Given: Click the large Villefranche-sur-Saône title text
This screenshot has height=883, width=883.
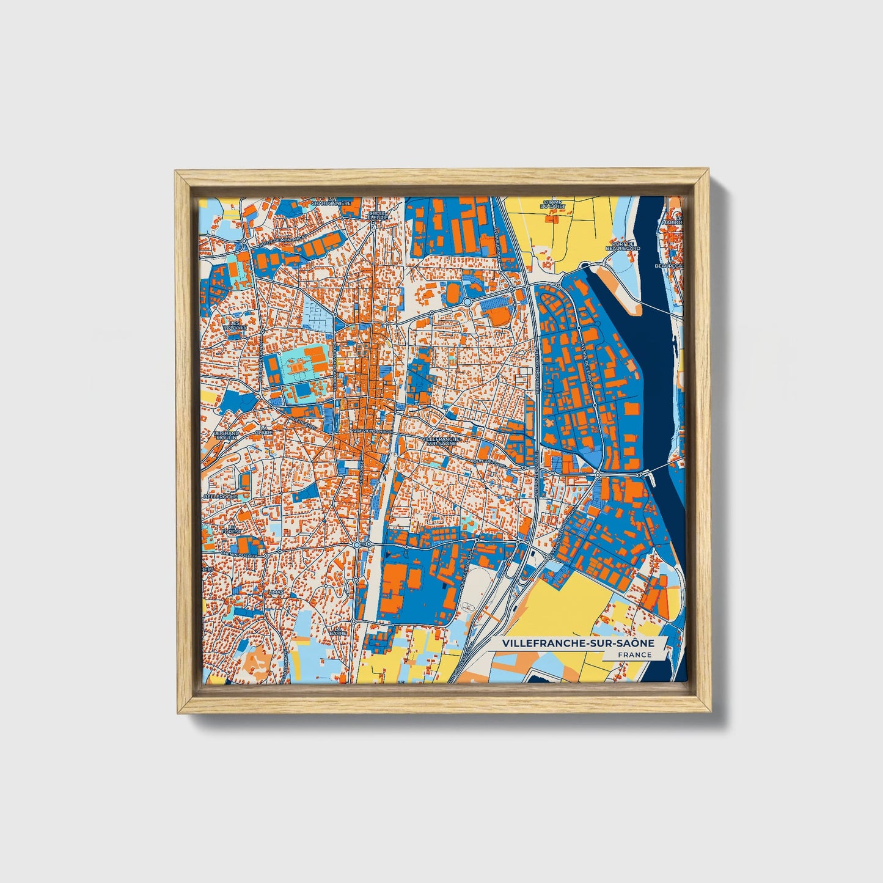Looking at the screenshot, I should pyautogui.click(x=577, y=643).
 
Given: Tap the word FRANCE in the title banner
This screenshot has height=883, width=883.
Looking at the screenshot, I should pyautogui.click(x=634, y=655).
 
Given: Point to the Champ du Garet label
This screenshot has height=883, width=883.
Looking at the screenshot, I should pyautogui.click(x=552, y=204).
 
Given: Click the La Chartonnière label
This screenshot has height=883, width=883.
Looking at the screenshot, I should pyautogui.click(x=331, y=202).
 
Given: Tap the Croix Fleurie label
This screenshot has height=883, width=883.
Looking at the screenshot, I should pyautogui.click(x=378, y=214).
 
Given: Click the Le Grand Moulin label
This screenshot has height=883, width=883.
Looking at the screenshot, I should pyautogui.click(x=225, y=434).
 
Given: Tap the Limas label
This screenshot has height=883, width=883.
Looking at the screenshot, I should pyautogui.click(x=276, y=592).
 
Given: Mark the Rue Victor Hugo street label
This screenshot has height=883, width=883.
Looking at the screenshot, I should pyautogui.click(x=370, y=431).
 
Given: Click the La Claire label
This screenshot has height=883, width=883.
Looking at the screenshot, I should pyautogui.click(x=264, y=431).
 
